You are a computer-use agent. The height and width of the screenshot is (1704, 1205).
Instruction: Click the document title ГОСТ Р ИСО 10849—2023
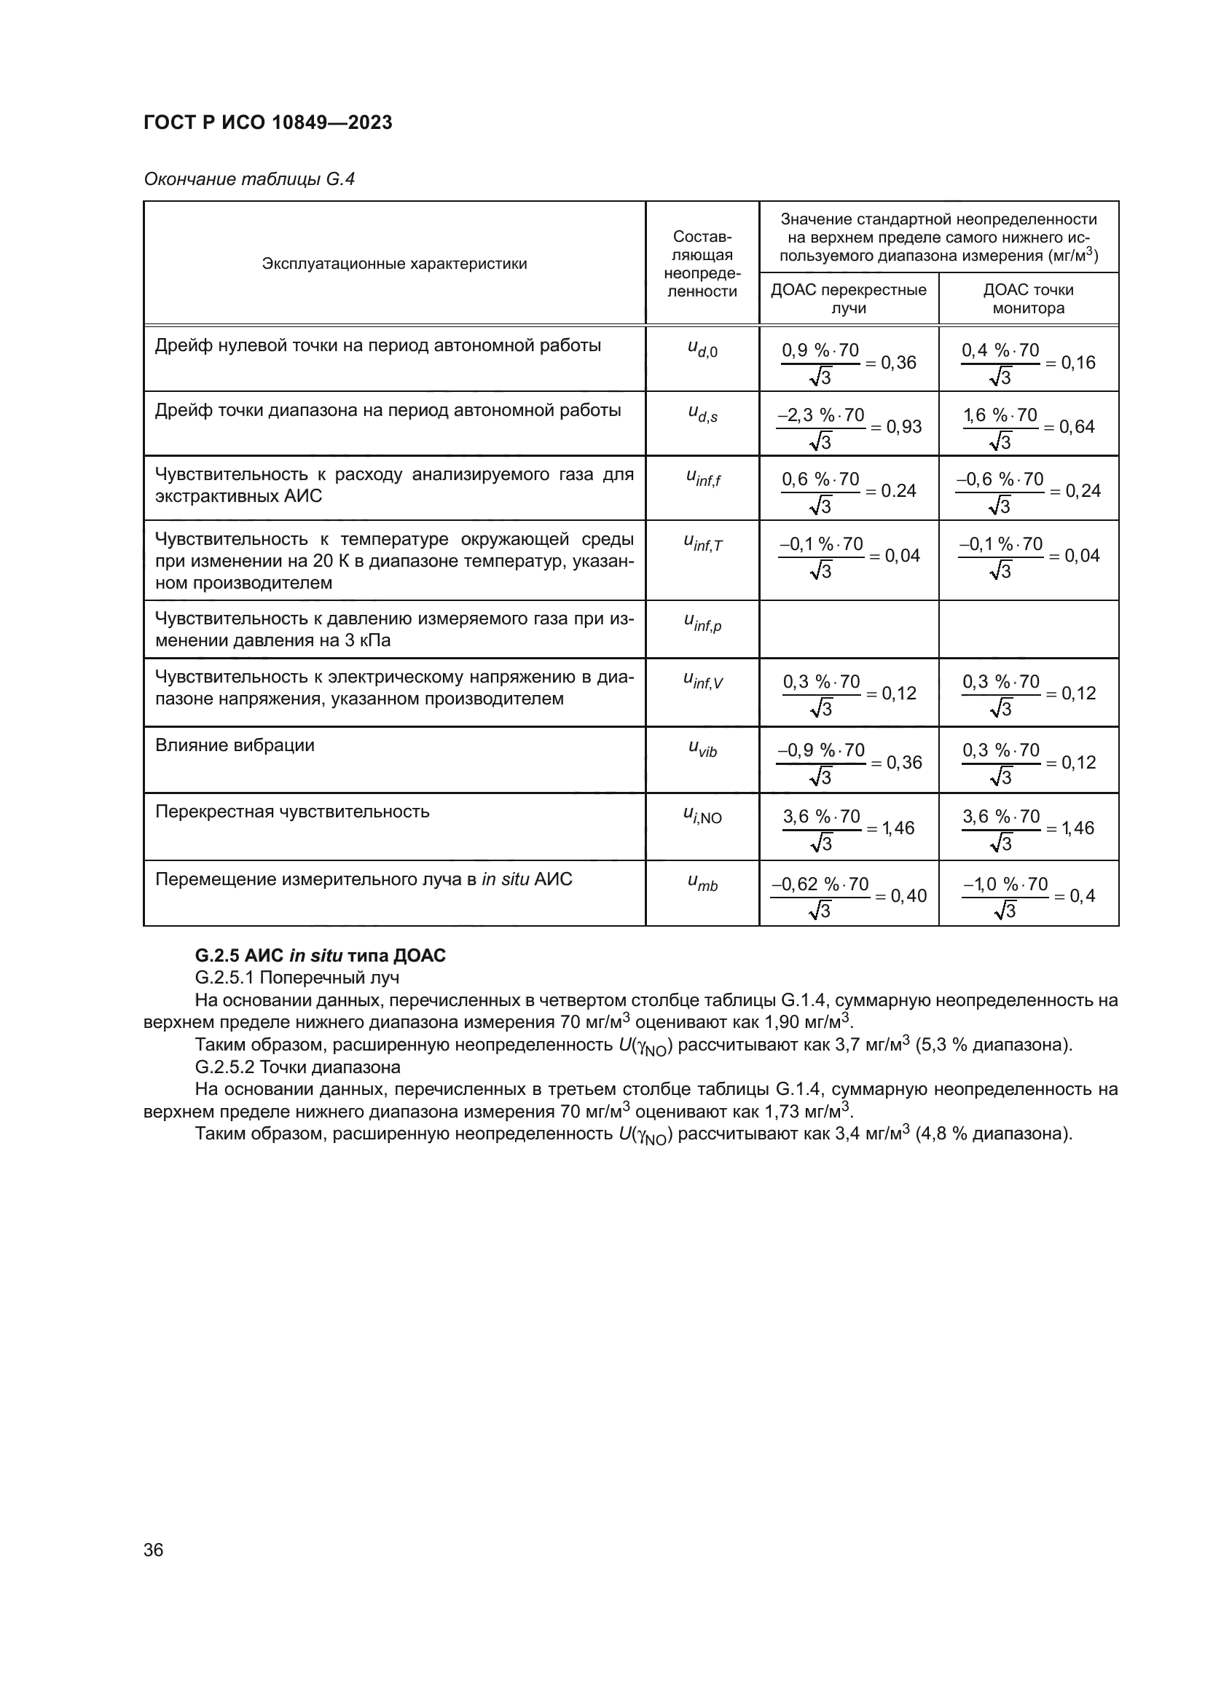coord(268,123)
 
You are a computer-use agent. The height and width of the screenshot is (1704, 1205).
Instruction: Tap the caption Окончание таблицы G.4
coord(249,180)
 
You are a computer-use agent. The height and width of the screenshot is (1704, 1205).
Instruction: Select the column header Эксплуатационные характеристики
coord(394,264)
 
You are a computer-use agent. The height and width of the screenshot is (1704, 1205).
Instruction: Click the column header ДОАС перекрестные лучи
coord(848,299)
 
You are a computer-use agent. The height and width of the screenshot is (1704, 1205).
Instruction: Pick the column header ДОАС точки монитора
coord(1028,299)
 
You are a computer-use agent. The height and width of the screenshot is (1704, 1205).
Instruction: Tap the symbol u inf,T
coord(702,544)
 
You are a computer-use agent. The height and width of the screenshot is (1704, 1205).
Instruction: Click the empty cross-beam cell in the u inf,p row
coord(848,629)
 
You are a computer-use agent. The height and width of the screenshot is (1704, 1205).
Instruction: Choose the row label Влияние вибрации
coord(235,745)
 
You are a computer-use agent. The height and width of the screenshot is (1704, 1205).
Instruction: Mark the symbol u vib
coord(702,750)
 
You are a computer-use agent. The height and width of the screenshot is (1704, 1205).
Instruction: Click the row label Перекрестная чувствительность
coord(291,812)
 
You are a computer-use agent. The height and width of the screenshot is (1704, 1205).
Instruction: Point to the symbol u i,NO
coord(702,816)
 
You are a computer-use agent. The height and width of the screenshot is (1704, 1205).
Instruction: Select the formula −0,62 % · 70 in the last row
coord(820,884)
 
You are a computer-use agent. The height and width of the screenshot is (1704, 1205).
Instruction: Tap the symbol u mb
coord(702,883)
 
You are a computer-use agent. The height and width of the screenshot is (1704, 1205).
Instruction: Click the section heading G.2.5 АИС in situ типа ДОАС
coord(320,955)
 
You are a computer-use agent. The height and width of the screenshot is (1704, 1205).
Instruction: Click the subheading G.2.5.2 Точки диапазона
coord(297,1067)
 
